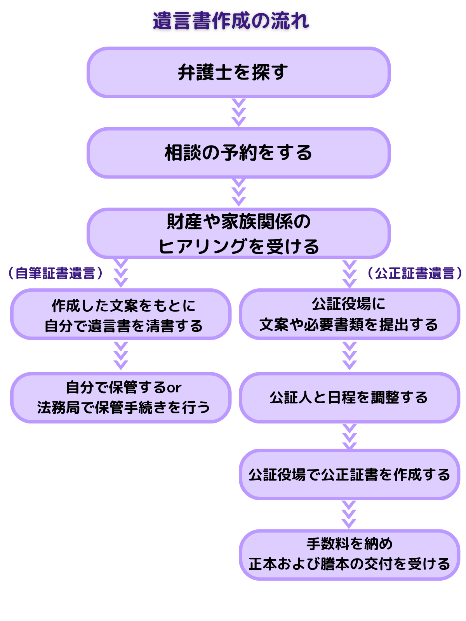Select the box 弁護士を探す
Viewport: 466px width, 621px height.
(238, 73)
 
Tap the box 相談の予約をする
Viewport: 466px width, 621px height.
(238, 153)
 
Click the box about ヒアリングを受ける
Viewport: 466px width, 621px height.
(238, 234)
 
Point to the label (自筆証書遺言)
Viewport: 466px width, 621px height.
(56, 273)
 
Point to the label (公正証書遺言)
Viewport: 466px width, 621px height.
(415, 273)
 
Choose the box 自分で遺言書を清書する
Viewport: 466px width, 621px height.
(121, 314)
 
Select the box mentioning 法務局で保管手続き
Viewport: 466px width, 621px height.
(121, 398)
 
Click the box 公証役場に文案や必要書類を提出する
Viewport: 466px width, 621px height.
(349, 314)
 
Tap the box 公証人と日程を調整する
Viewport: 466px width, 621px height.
(349, 398)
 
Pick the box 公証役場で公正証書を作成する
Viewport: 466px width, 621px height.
(349, 474)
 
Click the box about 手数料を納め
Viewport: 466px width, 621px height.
(349, 555)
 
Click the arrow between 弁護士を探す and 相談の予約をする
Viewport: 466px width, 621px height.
(238, 113)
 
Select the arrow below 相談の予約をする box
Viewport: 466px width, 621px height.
(238, 193)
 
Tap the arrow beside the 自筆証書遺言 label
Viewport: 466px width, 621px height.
(121, 274)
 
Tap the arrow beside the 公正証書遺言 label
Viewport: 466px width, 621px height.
(349, 274)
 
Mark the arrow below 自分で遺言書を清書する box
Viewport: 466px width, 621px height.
(121, 356)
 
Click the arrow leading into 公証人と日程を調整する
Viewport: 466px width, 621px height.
(349, 356)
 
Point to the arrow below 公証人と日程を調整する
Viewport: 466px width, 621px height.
(349, 436)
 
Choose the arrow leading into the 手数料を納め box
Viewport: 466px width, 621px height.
(349, 515)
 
